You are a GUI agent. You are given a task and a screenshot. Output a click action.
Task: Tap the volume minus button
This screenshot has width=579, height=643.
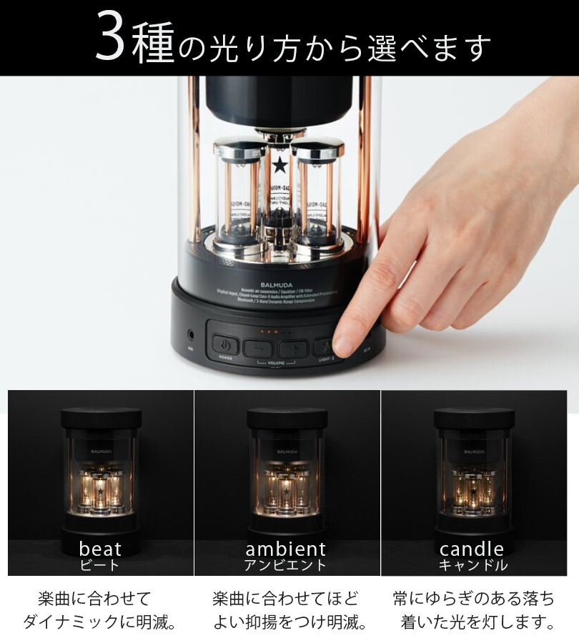[259, 348]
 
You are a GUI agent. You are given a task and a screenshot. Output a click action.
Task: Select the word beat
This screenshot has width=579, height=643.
[100, 549]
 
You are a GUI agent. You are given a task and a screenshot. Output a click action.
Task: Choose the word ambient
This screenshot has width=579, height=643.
[286, 549]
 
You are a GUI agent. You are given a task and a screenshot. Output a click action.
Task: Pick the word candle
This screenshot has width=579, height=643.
[472, 549]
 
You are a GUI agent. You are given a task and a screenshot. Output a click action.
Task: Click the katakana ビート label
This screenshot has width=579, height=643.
[100, 565]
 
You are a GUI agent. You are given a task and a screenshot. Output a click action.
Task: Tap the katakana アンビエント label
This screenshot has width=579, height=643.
[286, 565]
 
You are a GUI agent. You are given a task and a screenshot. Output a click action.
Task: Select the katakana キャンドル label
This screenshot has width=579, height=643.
[472, 565]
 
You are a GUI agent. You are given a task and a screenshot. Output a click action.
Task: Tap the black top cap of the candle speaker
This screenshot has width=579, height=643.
[474, 417]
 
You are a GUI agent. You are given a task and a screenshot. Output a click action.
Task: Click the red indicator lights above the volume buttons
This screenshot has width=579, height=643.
[269, 332]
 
